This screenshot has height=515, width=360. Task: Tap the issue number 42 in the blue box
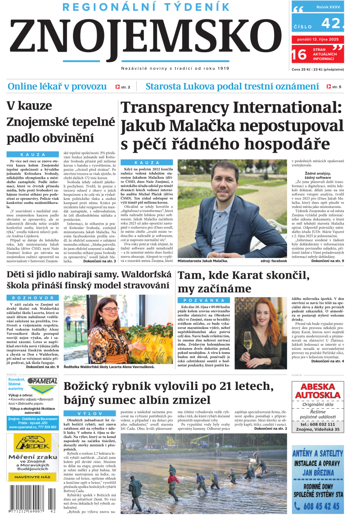tap(332, 23)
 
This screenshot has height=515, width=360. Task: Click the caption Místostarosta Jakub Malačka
tap(202, 261)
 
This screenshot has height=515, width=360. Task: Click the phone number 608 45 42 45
tap(315, 505)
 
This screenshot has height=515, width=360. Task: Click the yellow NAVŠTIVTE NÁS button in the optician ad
tap(32, 476)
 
